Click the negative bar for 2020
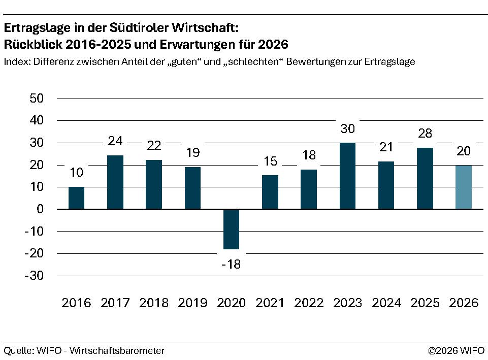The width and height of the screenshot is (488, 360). (231, 229)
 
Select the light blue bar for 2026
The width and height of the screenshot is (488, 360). (463, 187)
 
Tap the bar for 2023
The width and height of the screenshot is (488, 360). (347, 176)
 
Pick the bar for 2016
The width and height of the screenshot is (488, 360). (76, 198)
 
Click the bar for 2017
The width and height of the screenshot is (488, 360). (115, 182)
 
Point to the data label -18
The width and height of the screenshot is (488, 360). (231, 265)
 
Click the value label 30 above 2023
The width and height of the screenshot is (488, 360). (347, 129)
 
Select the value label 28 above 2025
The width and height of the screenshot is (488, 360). (425, 134)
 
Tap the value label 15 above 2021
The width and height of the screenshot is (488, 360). (270, 162)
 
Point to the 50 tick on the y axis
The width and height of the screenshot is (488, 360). (38, 99)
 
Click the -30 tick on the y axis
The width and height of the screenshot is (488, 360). (35, 276)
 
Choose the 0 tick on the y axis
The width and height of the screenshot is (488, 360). (44, 209)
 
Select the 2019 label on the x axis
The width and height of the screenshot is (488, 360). (192, 303)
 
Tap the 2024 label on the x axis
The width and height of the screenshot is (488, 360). (386, 303)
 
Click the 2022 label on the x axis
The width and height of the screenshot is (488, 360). (309, 303)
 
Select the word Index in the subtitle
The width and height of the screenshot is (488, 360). (16, 62)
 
